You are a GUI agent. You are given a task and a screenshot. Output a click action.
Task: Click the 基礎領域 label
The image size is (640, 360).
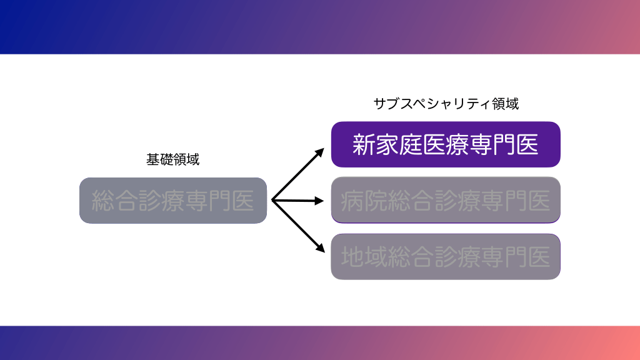173,160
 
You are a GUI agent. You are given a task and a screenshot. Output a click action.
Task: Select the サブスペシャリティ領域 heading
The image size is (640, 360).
446,104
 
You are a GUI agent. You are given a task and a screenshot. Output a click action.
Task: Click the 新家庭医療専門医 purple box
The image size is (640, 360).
446,144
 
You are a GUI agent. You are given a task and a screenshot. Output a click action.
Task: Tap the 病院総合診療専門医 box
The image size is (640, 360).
446,200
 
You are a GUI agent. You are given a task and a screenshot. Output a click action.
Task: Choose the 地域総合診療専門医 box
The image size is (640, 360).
446,257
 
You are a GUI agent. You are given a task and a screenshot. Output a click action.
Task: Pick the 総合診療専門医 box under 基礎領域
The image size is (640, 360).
173,201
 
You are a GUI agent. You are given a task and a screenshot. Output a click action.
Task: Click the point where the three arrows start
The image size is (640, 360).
272,200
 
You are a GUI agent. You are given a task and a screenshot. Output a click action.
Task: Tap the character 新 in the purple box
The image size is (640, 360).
363,145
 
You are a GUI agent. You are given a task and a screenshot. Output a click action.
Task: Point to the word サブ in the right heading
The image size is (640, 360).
386,104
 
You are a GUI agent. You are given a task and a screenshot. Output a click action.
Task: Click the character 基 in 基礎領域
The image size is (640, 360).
153,160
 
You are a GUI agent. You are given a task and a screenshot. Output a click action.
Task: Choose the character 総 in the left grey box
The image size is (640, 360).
104,201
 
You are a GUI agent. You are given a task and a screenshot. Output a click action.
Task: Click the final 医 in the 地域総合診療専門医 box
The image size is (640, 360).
538,257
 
